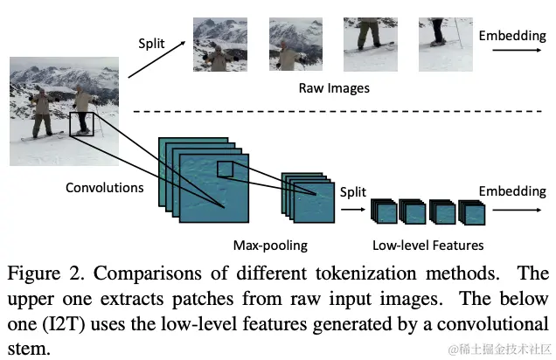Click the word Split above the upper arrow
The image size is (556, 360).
coord(150,43)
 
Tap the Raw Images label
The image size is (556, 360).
coord(334,88)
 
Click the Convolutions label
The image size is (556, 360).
coord(105,187)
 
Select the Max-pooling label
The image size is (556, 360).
coord(270,245)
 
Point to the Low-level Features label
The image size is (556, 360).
coord(428,245)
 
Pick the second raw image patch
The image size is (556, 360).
coord(295,45)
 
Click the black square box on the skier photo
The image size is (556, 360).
coord(80,123)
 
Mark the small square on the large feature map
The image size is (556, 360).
coord(226,170)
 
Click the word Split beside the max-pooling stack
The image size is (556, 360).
coord(353,191)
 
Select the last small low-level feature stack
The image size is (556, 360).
coord(472,213)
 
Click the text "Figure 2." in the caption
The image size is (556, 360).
coord(43,274)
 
